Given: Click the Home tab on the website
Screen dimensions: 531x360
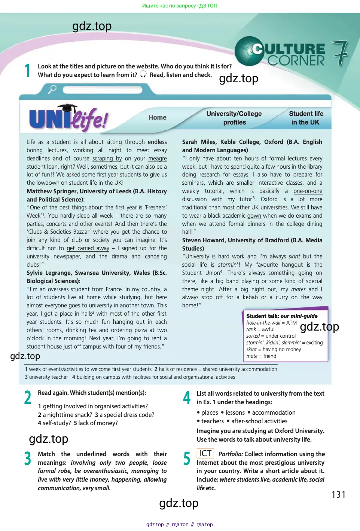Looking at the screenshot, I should point(157,117).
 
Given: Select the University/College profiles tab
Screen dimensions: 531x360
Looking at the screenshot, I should point(234,118).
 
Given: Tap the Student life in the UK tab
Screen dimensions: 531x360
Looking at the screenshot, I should point(306,118).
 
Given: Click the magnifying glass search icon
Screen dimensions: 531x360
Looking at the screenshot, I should point(52,89).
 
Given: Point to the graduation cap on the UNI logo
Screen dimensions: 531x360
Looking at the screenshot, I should point(67,108).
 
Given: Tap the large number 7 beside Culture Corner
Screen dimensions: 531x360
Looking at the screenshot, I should point(340,53).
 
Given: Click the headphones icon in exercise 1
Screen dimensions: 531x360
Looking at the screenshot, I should point(143,74).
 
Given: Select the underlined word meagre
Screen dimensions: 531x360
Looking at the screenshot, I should point(158,159).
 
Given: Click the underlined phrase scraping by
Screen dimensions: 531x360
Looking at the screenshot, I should point(107,159).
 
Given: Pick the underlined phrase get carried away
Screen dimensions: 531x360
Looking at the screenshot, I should point(88,248).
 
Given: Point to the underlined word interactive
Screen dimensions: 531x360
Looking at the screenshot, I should point(270,183).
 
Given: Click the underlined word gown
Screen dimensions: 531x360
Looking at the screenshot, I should point(254,216).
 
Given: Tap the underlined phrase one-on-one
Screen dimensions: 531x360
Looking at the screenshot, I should point(308,191).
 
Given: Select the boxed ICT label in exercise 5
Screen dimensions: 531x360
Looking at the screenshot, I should point(205,454).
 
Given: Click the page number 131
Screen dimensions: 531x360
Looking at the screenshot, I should point(338,495).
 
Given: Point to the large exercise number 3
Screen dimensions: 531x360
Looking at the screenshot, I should point(28,458).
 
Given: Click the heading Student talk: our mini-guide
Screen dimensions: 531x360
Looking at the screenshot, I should point(281,316).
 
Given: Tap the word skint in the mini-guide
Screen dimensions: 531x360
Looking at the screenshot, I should point(251,349).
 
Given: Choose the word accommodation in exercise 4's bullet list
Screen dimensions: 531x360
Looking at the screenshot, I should point(274,412).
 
